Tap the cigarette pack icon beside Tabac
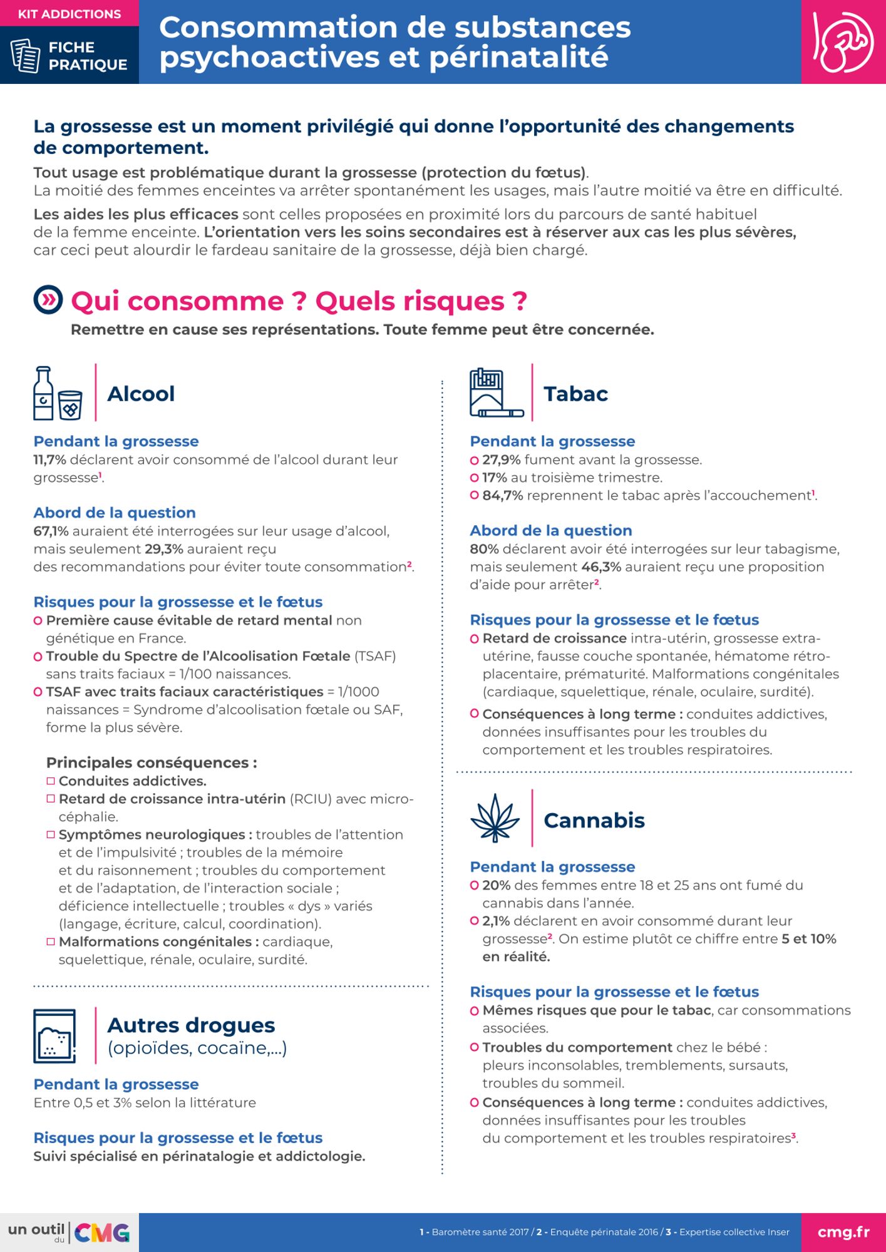point(496,393)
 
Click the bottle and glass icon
point(58,393)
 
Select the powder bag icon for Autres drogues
point(55,1036)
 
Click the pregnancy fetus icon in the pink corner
point(843,42)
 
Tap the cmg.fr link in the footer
point(843,1232)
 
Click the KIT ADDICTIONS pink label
point(69,14)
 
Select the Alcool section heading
point(141,394)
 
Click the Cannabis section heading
point(594,820)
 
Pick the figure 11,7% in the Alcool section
point(49,459)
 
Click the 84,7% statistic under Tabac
point(502,495)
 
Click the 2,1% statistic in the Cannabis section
point(496,921)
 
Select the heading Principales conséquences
point(152,762)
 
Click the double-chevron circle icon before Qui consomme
point(48,300)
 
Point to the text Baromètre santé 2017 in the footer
point(480,1232)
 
